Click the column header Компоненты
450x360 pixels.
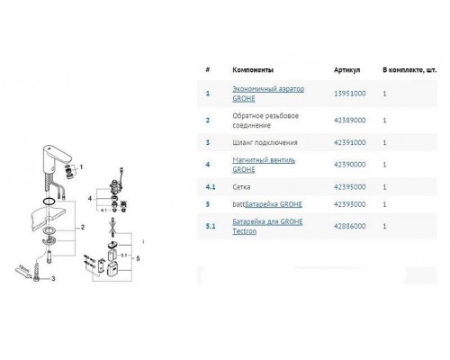pos(253,68)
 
